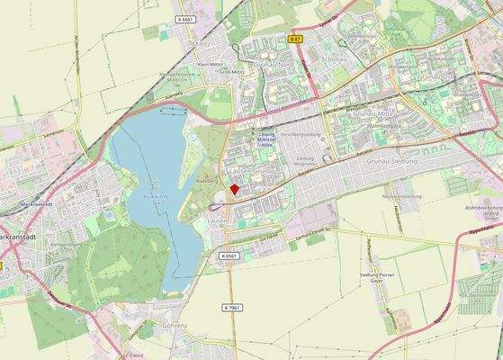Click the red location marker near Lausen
(235, 189)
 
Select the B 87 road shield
(295, 39)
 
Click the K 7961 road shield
(231, 307)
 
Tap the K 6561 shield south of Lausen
(229, 256)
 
